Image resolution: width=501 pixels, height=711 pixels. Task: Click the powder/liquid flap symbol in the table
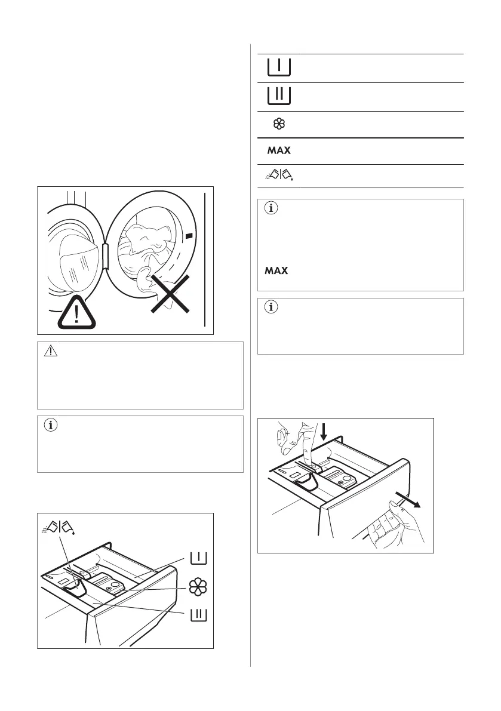pyautogui.click(x=279, y=176)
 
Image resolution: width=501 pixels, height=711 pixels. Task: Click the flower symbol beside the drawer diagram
pyautogui.click(x=198, y=587)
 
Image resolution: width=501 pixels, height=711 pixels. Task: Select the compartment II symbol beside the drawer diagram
pyautogui.click(x=198, y=615)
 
